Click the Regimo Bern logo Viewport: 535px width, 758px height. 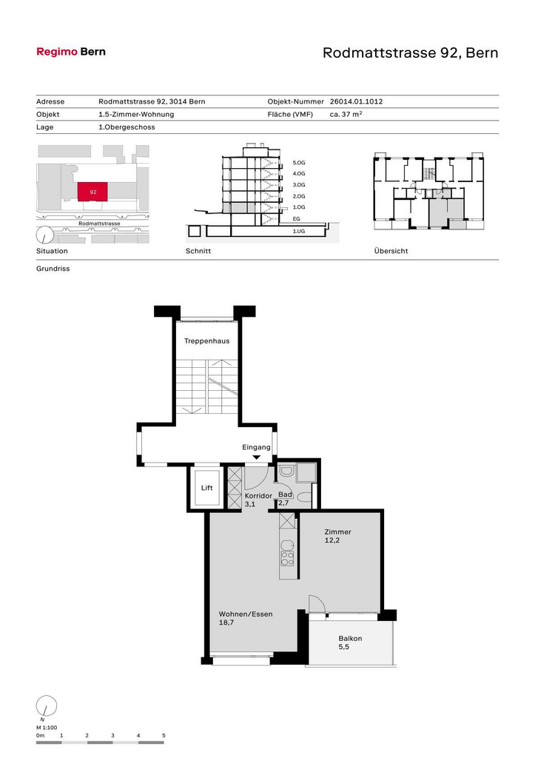(71, 52)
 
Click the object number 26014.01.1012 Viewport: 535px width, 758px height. (356, 101)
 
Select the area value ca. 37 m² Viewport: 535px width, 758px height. (346, 114)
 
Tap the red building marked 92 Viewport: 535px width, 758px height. (92, 192)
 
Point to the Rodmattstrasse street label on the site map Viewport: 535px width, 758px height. (99, 224)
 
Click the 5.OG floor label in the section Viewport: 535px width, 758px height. (299, 163)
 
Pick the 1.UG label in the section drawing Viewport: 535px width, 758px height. (299, 232)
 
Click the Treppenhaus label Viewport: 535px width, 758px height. (207, 341)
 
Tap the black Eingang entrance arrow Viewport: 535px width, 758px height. (257, 457)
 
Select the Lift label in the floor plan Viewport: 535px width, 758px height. (207, 488)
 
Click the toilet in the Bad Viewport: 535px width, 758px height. (304, 497)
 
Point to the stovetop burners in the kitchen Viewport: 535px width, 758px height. (287, 558)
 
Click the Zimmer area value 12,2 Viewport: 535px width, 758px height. (332, 540)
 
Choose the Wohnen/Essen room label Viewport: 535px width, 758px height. (246, 614)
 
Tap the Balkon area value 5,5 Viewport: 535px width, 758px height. (343, 647)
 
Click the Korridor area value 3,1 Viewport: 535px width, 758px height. (250, 504)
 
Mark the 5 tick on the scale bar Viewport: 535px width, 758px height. (164, 735)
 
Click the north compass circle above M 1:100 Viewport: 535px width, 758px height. (47, 706)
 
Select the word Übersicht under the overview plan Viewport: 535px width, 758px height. (391, 251)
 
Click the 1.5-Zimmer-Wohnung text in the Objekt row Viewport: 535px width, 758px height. (136, 114)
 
